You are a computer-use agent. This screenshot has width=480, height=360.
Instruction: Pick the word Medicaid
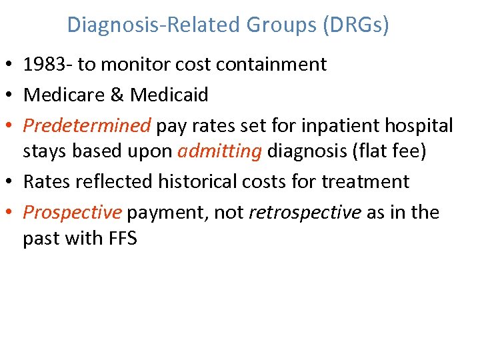[169, 95]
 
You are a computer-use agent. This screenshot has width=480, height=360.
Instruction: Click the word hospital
[418, 125]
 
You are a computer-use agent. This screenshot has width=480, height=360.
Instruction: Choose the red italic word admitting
[219, 151]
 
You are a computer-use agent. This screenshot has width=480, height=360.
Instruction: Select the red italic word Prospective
[73, 212]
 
